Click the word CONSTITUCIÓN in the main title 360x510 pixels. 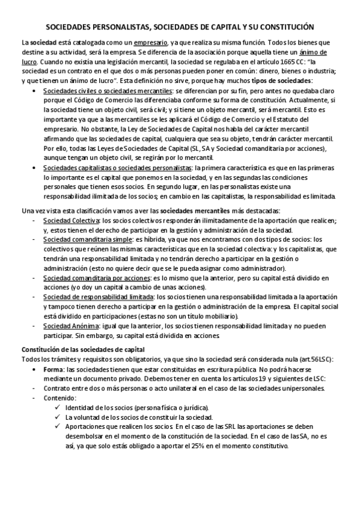[x=281, y=28]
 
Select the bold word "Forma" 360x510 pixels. [x=55, y=369]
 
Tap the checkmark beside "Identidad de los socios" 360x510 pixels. [x=56, y=407]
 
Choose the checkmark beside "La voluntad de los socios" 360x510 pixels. [x=56, y=417]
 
